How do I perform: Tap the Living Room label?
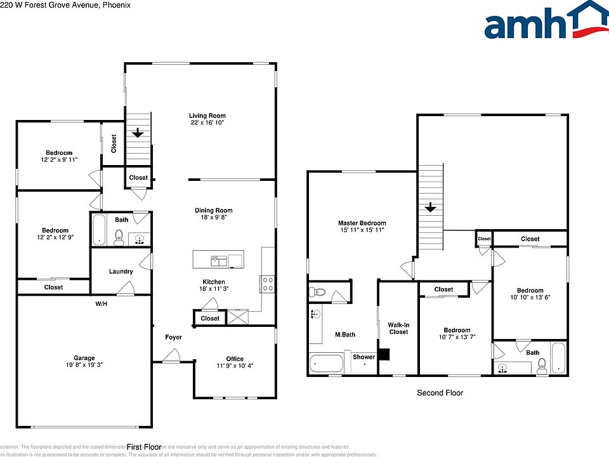pyautogui.click(x=207, y=116)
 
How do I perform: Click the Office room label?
pyautogui.click(x=235, y=359)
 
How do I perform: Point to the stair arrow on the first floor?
pyautogui.click(x=137, y=133)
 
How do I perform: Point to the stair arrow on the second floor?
pyautogui.click(x=430, y=208)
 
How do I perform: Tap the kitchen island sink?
pyautogui.click(x=219, y=259)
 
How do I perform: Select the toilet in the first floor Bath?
pyautogui.click(x=118, y=239)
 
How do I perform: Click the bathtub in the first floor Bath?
pyautogui.click(x=98, y=230)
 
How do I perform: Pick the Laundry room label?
pyautogui.click(x=121, y=272)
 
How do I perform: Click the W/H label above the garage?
pyautogui.click(x=101, y=304)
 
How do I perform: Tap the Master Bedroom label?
pyautogui.click(x=362, y=223)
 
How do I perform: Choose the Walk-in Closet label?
pyautogui.click(x=398, y=328)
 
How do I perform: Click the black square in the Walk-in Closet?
pyautogui.click(x=384, y=354)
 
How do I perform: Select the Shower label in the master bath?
pyautogui.click(x=364, y=357)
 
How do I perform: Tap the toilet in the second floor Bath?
pyautogui.click(x=542, y=364)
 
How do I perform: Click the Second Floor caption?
pyautogui.click(x=440, y=393)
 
